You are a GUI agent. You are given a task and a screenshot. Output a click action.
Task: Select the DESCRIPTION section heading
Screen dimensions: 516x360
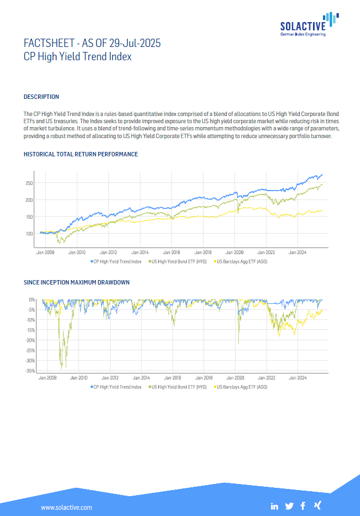[x=41, y=97]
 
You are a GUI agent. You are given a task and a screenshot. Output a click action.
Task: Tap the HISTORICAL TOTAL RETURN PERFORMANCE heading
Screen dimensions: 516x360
[x=81, y=154]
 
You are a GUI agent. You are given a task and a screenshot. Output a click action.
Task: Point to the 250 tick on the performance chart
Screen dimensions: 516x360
[x=29, y=183]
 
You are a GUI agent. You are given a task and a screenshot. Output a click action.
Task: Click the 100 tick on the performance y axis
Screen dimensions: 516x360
[x=29, y=233]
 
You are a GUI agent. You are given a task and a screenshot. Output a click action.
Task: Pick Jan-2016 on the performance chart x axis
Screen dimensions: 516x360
[x=172, y=252]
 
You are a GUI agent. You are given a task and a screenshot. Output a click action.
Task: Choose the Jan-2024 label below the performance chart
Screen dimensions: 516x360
[x=298, y=252]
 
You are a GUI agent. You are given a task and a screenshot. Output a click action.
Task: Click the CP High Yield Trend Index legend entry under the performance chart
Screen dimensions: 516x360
[x=117, y=261]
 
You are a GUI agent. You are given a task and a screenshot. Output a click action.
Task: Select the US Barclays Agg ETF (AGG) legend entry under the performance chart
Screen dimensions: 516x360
[x=242, y=261]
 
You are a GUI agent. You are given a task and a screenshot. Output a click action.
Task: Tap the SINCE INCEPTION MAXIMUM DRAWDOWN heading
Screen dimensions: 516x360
[x=77, y=282]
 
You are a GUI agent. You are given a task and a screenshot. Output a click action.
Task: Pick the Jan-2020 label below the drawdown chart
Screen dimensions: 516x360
[x=236, y=379]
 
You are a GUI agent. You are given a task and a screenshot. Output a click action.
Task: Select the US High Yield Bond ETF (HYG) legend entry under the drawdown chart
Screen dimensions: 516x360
[x=179, y=387]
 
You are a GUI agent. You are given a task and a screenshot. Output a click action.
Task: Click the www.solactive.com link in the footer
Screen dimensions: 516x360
[x=66, y=507]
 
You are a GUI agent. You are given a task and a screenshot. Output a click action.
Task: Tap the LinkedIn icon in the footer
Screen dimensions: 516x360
[x=275, y=506]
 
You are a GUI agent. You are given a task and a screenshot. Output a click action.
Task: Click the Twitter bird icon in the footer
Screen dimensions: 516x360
[x=289, y=506]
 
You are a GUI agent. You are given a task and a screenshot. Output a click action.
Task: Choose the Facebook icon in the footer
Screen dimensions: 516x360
[x=303, y=506]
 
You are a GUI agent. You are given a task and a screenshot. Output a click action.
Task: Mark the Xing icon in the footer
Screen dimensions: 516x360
[x=317, y=506]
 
